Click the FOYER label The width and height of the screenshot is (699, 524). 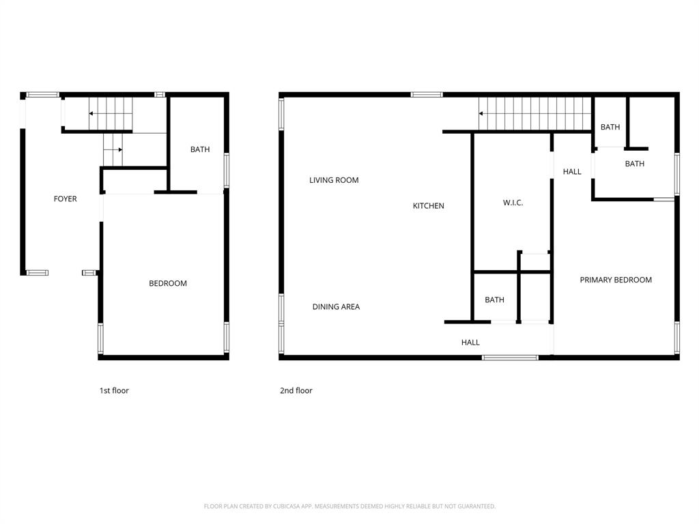(x=66, y=199)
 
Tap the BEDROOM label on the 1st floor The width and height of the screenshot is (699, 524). (x=168, y=283)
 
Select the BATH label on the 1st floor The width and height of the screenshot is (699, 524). (x=200, y=149)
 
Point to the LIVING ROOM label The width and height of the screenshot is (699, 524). (x=334, y=180)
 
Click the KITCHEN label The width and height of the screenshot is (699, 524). (x=429, y=205)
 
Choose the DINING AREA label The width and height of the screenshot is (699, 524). (x=336, y=307)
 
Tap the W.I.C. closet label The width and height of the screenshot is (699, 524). (x=513, y=203)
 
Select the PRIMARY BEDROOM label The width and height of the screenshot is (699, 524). (x=616, y=280)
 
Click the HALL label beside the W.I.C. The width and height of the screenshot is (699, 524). (x=572, y=172)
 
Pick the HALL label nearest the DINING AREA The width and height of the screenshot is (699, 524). (x=470, y=343)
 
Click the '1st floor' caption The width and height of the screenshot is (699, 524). (x=114, y=391)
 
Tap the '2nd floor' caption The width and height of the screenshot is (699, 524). (x=296, y=391)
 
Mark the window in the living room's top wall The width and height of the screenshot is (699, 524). (x=427, y=95)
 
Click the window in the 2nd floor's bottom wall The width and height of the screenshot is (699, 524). (x=510, y=357)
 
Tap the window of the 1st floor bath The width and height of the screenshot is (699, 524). (x=226, y=169)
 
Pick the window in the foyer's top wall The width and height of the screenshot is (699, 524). (x=42, y=95)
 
